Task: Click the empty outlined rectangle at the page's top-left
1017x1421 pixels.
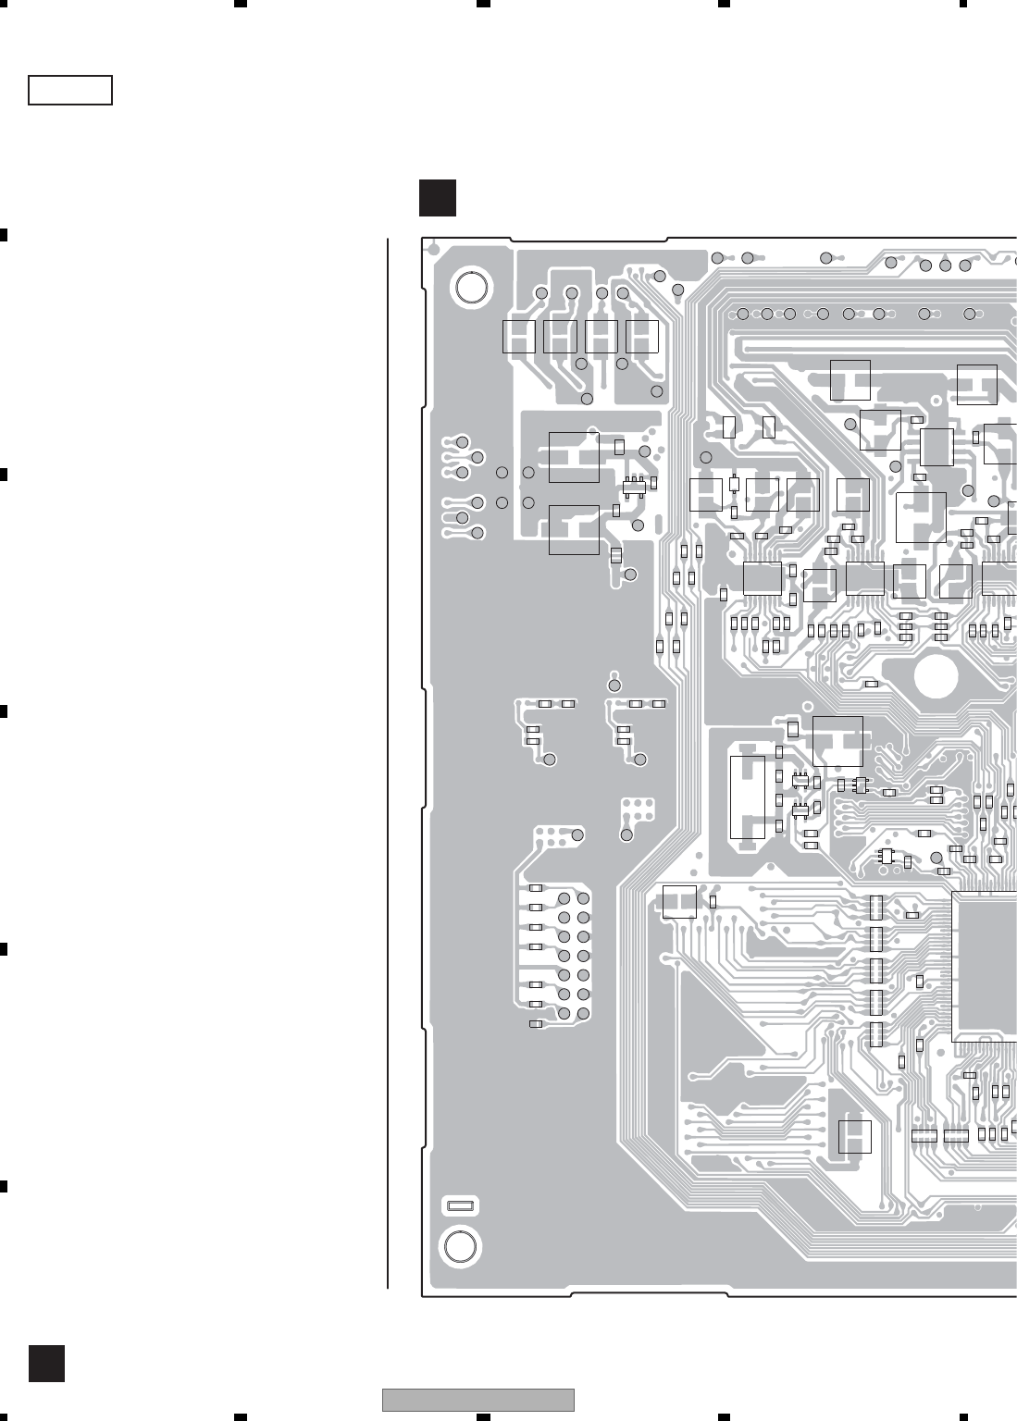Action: point(70,91)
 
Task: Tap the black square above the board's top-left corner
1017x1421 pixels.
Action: point(437,198)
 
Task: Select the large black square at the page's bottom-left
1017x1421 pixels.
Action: point(46,1363)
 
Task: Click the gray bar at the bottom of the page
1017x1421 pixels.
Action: point(478,1400)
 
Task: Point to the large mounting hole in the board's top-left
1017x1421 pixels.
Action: point(471,288)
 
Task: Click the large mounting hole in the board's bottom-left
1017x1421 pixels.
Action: point(461,1246)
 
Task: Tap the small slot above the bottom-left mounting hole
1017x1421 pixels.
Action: point(461,1205)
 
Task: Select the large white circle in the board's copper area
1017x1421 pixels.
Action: point(936,675)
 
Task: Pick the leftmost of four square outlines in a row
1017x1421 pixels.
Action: point(519,337)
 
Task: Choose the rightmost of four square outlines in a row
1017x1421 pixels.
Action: point(642,337)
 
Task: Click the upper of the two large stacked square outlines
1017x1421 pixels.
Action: point(574,457)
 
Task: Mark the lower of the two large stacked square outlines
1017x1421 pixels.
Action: point(574,530)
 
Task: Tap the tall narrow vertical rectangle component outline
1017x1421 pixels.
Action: point(748,797)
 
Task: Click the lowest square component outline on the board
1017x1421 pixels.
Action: point(854,1137)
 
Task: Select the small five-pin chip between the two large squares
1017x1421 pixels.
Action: point(635,487)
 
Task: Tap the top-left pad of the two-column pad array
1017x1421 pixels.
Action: point(564,898)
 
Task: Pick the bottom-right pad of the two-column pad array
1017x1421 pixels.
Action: point(583,1014)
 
